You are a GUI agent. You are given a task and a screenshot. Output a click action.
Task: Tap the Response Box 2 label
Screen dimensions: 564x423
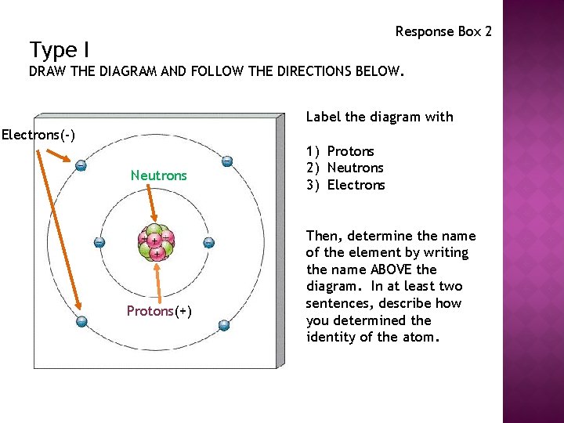pos(443,31)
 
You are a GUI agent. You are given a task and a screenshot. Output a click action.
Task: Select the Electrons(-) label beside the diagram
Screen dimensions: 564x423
pos(38,135)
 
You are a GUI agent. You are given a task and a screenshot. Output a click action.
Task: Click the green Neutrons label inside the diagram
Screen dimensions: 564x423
pos(158,175)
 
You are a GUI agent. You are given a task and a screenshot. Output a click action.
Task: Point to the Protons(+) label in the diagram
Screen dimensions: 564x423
pos(159,311)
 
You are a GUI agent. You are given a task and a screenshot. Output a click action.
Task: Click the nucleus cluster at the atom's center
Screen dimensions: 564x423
pos(155,243)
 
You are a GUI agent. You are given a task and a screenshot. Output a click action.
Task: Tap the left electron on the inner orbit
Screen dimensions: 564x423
pos(99,243)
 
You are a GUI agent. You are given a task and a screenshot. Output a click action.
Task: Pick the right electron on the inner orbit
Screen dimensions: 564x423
pos(208,243)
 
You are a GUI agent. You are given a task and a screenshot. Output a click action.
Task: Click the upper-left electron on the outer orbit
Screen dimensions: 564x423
pos(81,165)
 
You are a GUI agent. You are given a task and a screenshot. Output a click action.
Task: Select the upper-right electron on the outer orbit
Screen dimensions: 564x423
pos(226,161)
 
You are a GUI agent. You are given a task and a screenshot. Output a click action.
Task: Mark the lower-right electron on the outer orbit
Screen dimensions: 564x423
pos(223,324)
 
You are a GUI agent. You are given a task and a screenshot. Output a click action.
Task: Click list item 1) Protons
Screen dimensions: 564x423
pos(340,151)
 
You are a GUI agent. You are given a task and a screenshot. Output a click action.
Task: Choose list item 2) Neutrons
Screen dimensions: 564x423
pos(345,168)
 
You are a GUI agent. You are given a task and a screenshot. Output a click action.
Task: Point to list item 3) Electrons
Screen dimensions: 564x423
pos(345,185)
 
